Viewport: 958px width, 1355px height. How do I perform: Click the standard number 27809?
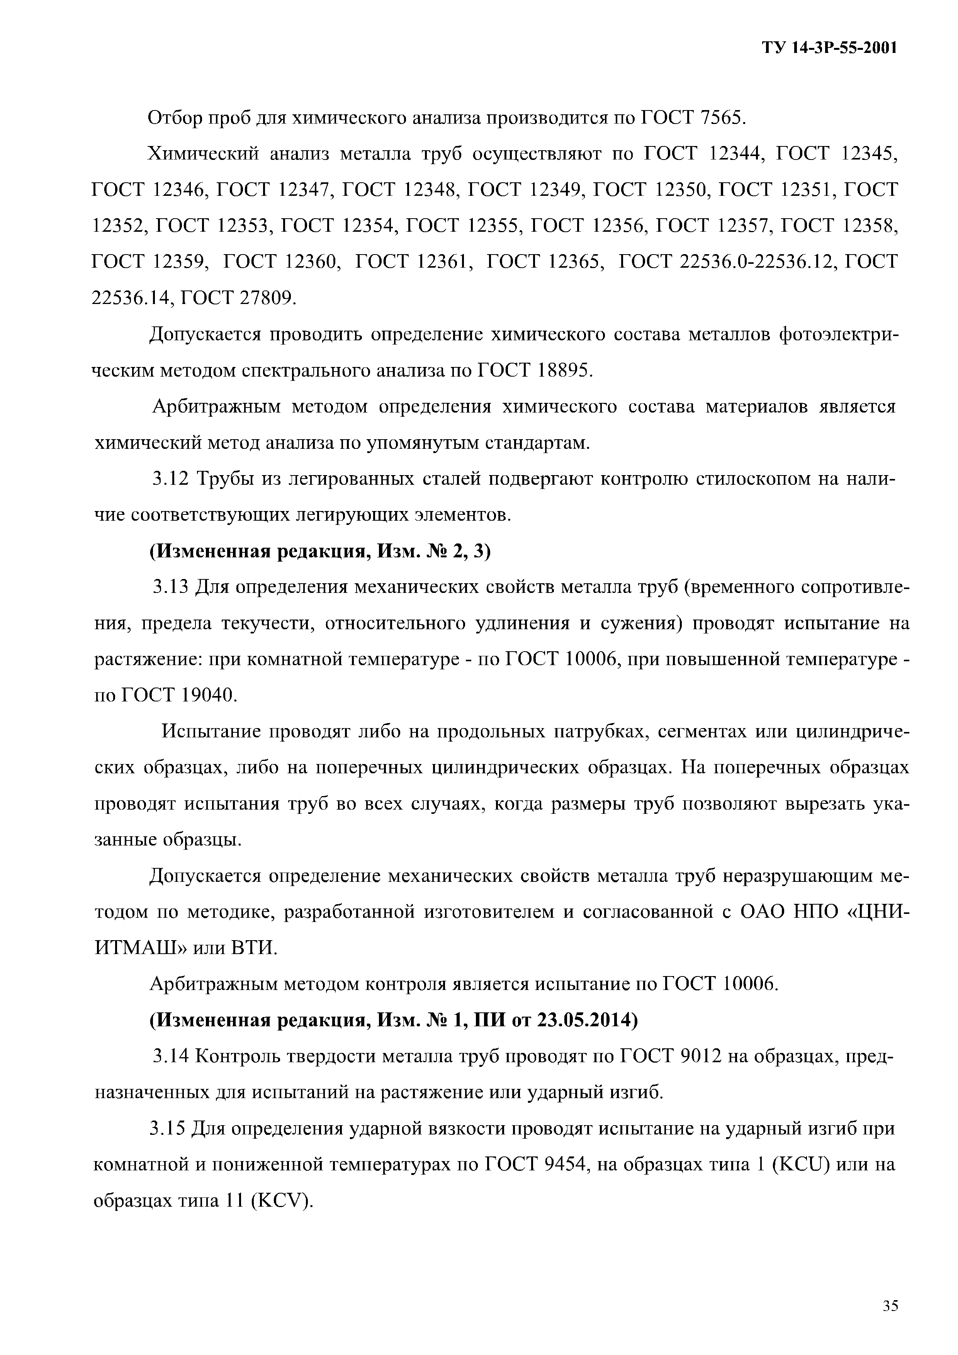(x=265, y=299)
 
